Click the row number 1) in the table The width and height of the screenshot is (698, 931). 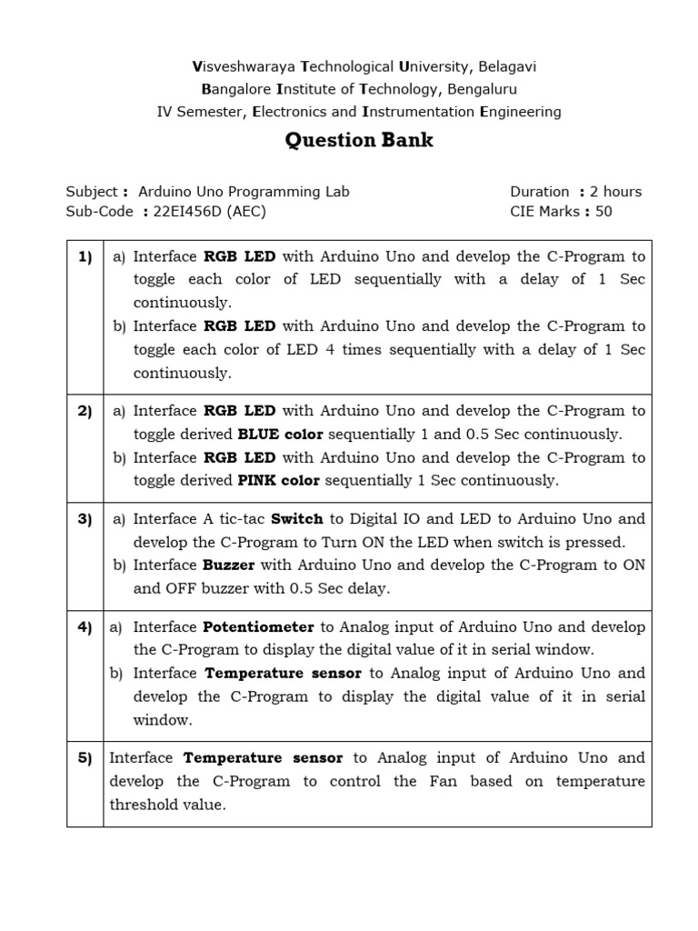pyautogui.click(x=85, y=256)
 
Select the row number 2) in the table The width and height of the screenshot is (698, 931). pyautogui.click(x=85, y=411)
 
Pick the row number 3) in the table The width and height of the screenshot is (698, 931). pyautogui.click(x=85, y=519)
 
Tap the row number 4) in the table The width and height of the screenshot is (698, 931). pyautogui.click(x=85, y=627)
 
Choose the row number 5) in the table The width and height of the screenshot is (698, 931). pyautogui.click(x=85, y=758)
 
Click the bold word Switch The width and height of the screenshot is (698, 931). pyautogui.click(x=297, y=519)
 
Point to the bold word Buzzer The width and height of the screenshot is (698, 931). pyautogui.click(x=229, y=565)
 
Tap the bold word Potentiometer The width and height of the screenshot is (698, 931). pyautogui.click(x=258, y=627)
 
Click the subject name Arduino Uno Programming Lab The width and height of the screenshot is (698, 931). pyautogui.click(x=244, y=191)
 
